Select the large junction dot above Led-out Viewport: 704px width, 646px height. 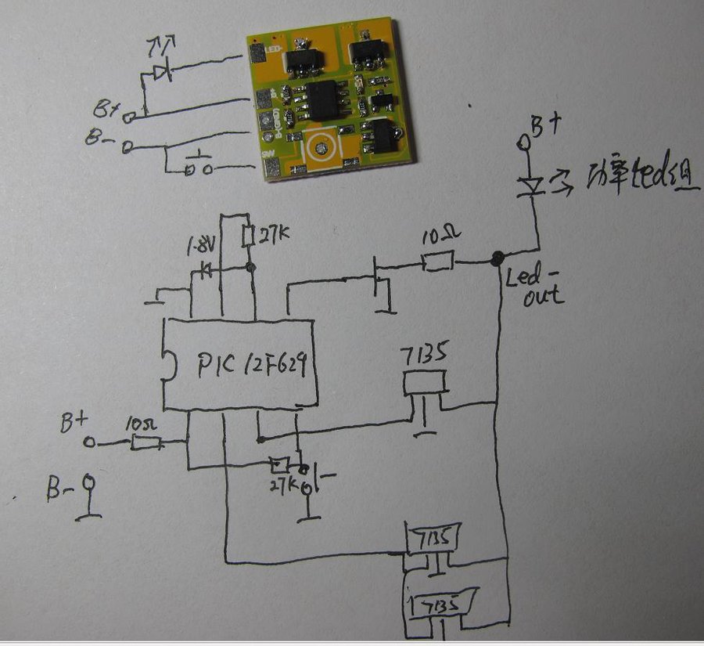496,259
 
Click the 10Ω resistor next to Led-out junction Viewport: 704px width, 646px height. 436,261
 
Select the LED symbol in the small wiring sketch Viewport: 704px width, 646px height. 163,72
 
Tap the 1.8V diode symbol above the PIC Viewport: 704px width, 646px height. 206,271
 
